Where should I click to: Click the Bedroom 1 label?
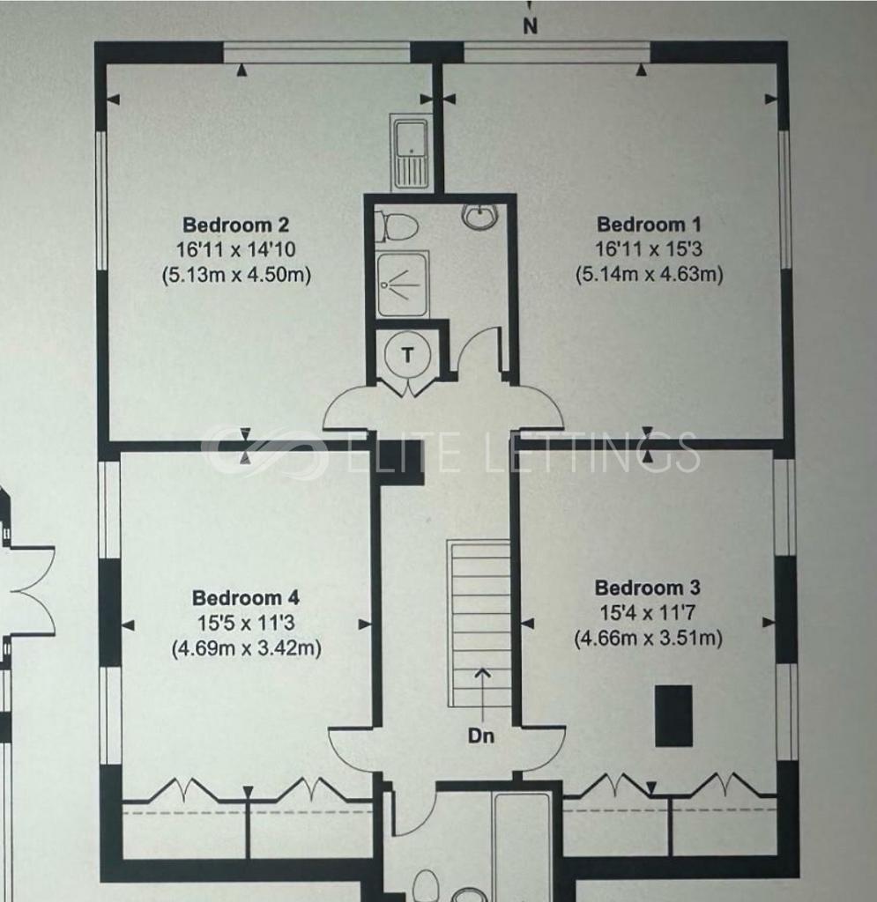tap(649, 224)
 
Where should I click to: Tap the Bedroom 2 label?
tap(235, 224)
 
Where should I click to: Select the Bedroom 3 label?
tap(647, 588)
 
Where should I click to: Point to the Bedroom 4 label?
tap(246, 597)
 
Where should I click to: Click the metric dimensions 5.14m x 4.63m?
tap(649, 275)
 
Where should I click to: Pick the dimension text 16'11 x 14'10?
tap(236, 249)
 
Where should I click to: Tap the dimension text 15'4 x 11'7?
tap(648, 613)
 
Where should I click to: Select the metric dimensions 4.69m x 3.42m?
tap(246, 648)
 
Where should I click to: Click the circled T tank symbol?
tap(407, 355)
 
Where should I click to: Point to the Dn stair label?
tap(481, 736)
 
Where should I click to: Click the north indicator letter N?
tap(530, 26)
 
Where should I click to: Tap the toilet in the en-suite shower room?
tap(396, 227)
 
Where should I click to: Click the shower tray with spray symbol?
tap(403, 285)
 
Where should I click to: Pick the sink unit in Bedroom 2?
tap(410, 152)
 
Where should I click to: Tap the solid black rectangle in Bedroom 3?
tap(674, 715)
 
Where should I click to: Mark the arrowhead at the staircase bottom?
tap(482, 672)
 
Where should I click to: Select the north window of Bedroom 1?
tap(557, 51)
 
